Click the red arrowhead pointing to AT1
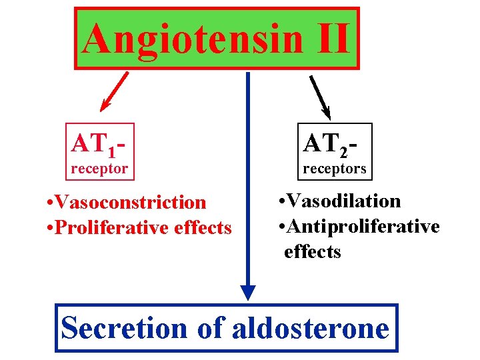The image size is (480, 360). pos(105,105)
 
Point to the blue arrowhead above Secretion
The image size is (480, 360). pos(248,293)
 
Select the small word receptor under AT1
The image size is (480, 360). pos(99,168)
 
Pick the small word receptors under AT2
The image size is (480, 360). pos(335,169)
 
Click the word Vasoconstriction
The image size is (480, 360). pos(131,201)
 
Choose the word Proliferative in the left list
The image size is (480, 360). pos(105,228)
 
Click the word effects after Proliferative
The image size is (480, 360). pos(198,228)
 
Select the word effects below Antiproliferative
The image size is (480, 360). pos(312,252)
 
